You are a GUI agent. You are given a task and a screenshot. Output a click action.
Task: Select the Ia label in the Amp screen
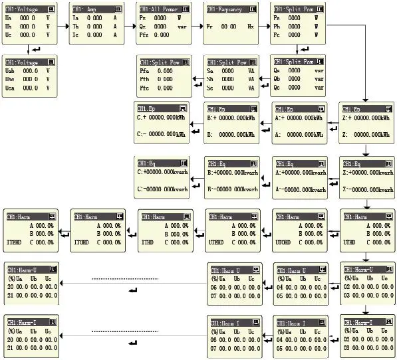tap(76, 18)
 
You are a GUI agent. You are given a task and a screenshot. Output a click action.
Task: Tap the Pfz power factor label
tap(144, 35)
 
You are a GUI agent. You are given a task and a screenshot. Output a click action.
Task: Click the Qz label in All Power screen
tap(143, 27)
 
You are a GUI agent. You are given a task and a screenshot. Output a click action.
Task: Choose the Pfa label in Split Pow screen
tap(144, 70)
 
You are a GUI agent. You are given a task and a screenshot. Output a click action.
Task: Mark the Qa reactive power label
tap(278, 70)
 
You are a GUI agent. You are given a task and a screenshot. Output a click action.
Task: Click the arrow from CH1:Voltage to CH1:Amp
tap(63, 25)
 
